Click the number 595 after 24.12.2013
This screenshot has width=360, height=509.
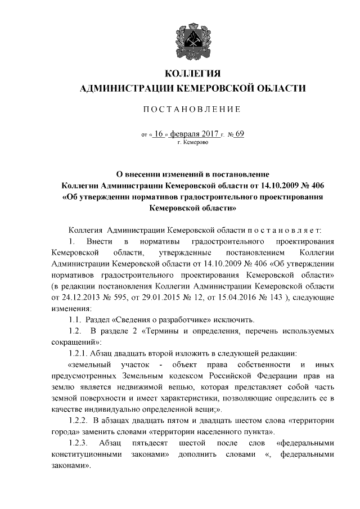pyautogui.click(x=118, y=298)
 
